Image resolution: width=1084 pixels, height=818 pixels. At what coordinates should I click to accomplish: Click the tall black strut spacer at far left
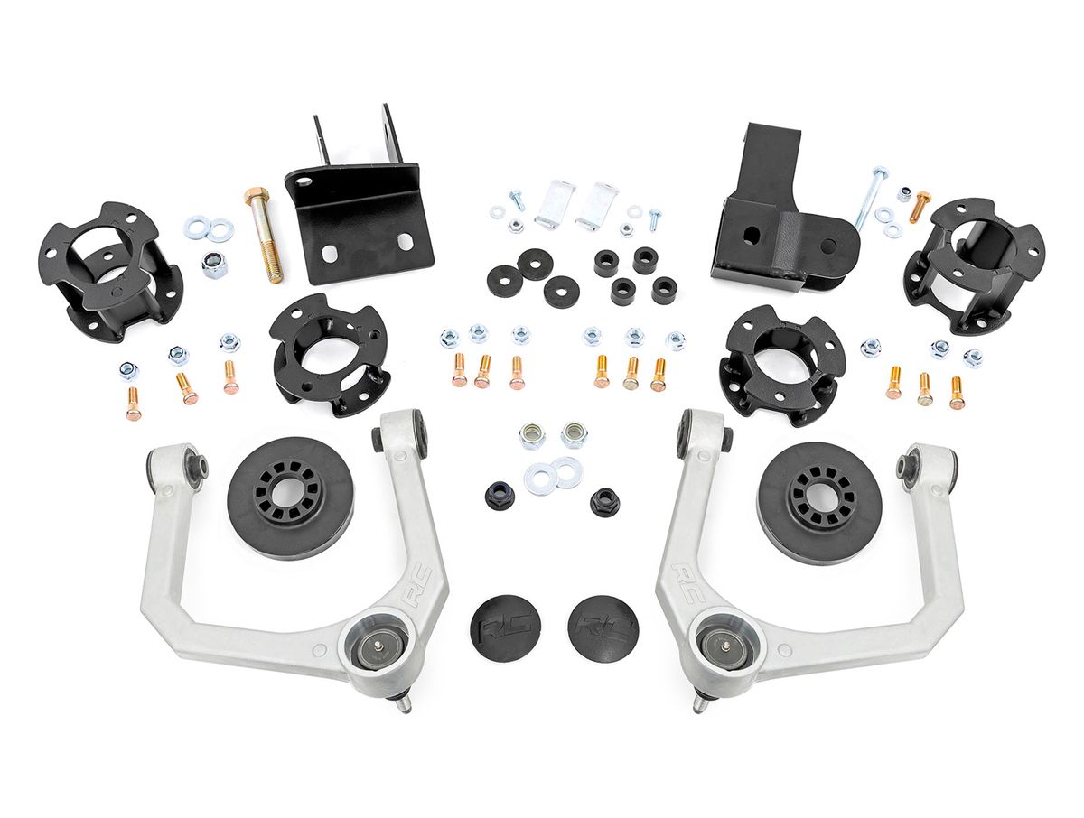[109, 272]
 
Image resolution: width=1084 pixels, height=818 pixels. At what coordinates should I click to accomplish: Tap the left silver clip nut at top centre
[555, 202]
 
